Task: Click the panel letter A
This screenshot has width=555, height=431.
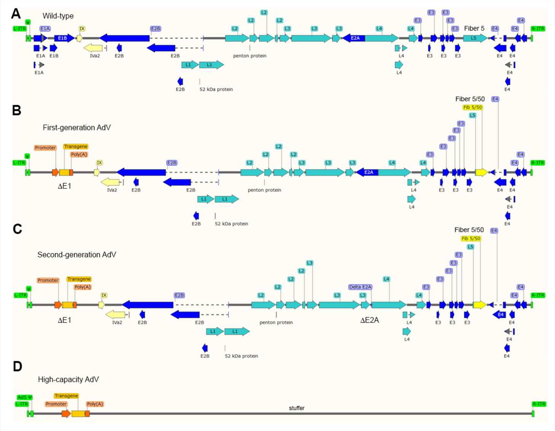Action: tap(16, 14)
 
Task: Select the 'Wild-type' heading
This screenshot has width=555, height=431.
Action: tap(58, 16)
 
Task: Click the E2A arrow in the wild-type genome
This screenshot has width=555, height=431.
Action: tap(354, 38)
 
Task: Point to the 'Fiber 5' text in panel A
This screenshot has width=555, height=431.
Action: tap(474, 29)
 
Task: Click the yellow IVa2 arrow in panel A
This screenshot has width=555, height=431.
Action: tap(93, 48)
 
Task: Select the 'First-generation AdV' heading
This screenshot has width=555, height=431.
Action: tap(77, 127)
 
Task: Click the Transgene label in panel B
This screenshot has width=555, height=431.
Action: tap(75, 146)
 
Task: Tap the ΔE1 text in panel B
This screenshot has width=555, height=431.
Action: tap(64, 186)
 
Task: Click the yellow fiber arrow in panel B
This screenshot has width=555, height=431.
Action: tap(481, 172)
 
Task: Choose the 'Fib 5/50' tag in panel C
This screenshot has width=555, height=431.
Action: tap(470, 238)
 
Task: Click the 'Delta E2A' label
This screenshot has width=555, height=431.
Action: tap(360, 287)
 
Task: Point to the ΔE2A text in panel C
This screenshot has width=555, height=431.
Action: tap(369, 320)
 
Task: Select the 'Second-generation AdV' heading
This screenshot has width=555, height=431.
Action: tap(77, 254)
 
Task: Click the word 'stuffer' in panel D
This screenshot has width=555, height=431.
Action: tap(297, 408)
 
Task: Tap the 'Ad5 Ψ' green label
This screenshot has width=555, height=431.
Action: tap(25, 397)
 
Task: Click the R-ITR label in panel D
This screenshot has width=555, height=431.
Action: tap(539, 404)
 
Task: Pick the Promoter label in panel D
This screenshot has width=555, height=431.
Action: tap(56, 404)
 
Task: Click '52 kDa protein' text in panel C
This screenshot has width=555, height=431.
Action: tap(241, 356)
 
